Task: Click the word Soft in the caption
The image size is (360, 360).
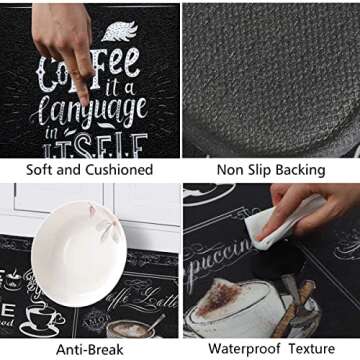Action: [42, 170]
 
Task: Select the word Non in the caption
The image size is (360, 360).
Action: [231, 170]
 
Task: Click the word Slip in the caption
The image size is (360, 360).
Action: [261, 170]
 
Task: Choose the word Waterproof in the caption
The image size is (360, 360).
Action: [244, 349]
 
